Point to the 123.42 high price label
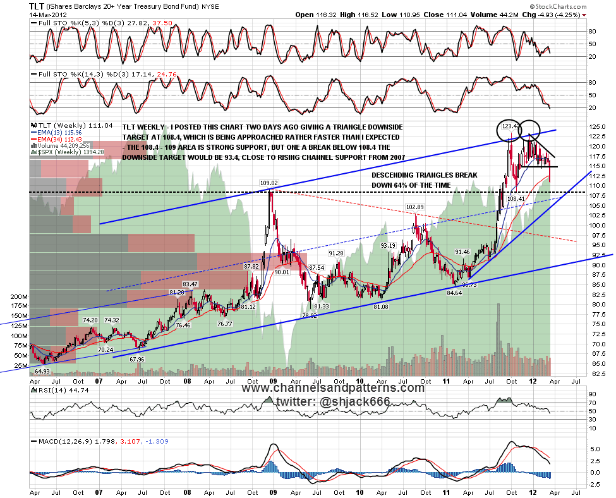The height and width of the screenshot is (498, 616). [511, 126]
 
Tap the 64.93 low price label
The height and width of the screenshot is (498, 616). [42, 370]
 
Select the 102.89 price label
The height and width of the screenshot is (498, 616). [414, 207]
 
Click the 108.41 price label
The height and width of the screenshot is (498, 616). [516, 198]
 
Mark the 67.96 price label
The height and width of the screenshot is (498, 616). [137, 360]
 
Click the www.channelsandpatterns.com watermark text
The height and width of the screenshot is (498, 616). [333, 388]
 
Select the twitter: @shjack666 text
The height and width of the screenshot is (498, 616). [334, 402]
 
